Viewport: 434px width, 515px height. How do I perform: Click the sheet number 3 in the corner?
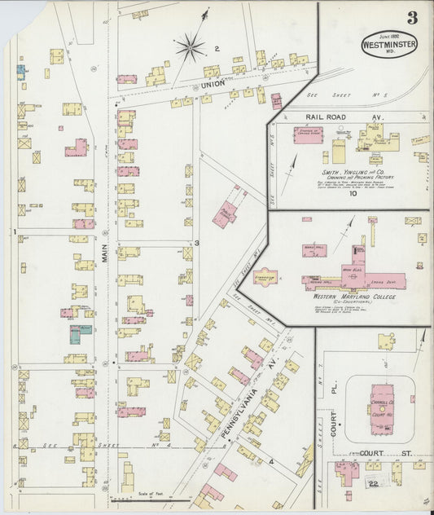(414, 18)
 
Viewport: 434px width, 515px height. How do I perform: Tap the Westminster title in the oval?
(389, 46)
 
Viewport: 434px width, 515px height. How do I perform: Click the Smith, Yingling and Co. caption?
(352, 173)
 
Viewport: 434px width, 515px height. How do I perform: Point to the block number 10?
(353, 194)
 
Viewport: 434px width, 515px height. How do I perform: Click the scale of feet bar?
(138, 498)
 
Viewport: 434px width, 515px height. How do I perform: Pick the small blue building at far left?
(20, 70)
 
